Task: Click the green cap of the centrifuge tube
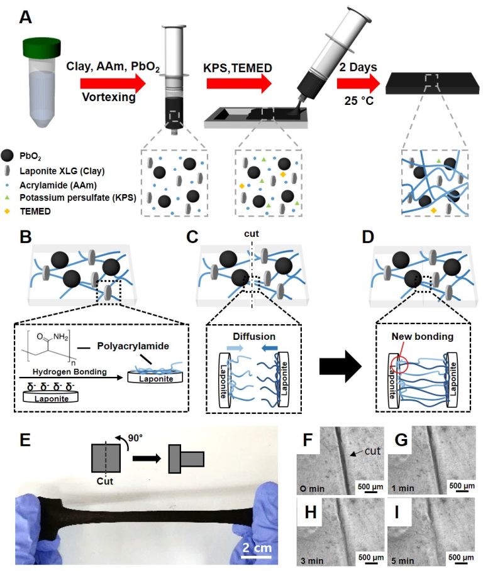[44, 47]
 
